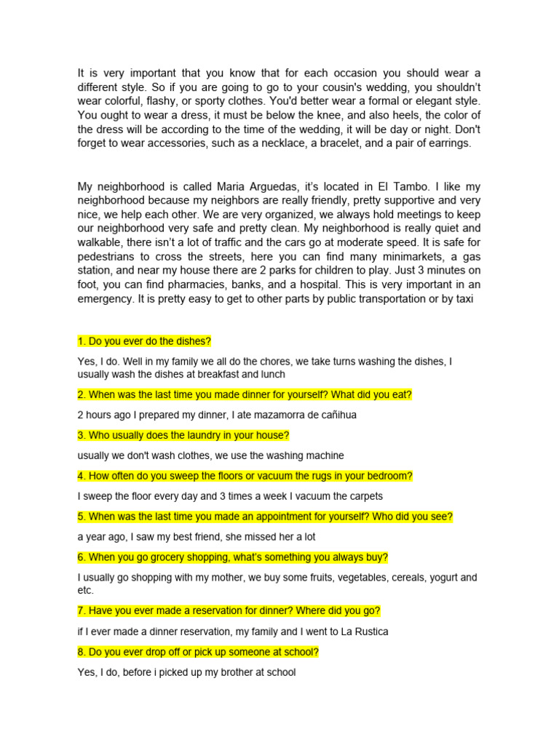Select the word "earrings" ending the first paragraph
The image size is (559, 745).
447,143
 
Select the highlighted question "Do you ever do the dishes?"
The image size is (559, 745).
149,340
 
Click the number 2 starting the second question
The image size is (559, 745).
81,395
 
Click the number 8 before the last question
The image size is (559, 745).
81,652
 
